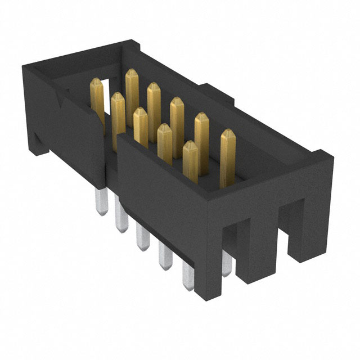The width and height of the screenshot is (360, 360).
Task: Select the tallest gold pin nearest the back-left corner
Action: (x=132, y=90)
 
